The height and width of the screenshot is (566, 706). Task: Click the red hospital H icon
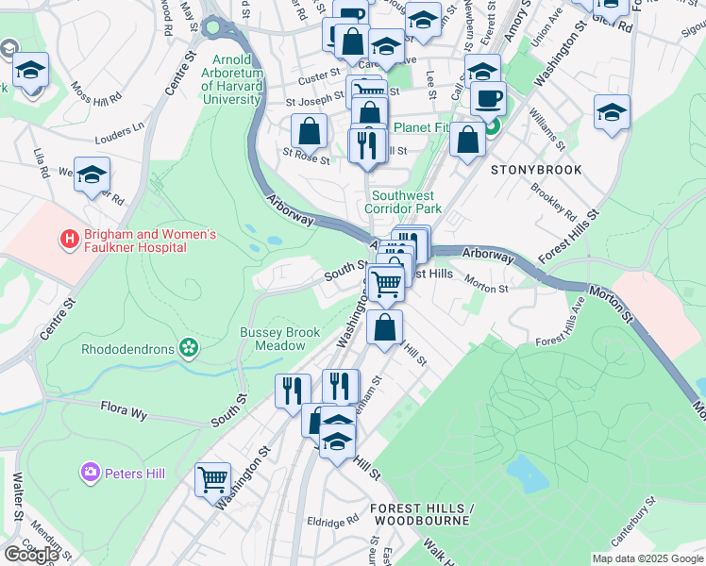(x=68, y=241)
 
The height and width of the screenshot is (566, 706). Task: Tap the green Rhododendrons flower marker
(x=189, y=349)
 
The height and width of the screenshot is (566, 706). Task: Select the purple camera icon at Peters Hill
(x=91, y=471)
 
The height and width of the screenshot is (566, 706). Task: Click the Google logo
(x=31, y=554)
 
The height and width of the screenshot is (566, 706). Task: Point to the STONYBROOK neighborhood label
(x=536, y=170)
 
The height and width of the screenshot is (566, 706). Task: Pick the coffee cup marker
(x=488, y=99)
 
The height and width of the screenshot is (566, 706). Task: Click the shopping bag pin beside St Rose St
(x=309, y=132)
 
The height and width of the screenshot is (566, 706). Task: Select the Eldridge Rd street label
(x=332, y=520)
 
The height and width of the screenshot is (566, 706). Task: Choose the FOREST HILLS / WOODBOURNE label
(x=420, y=514)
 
